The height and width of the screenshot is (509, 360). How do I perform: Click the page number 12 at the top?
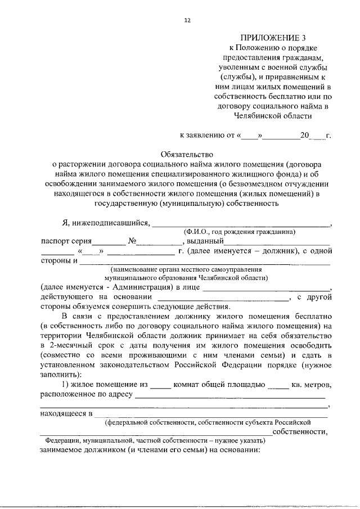coord(188,20)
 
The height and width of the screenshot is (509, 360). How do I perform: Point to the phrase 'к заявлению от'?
coord(206,136)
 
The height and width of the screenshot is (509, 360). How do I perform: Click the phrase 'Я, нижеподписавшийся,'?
coord(106,222)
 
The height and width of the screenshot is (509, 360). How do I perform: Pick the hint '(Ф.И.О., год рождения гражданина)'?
coord(240,232)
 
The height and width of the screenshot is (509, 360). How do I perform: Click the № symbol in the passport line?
coord(133,241)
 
